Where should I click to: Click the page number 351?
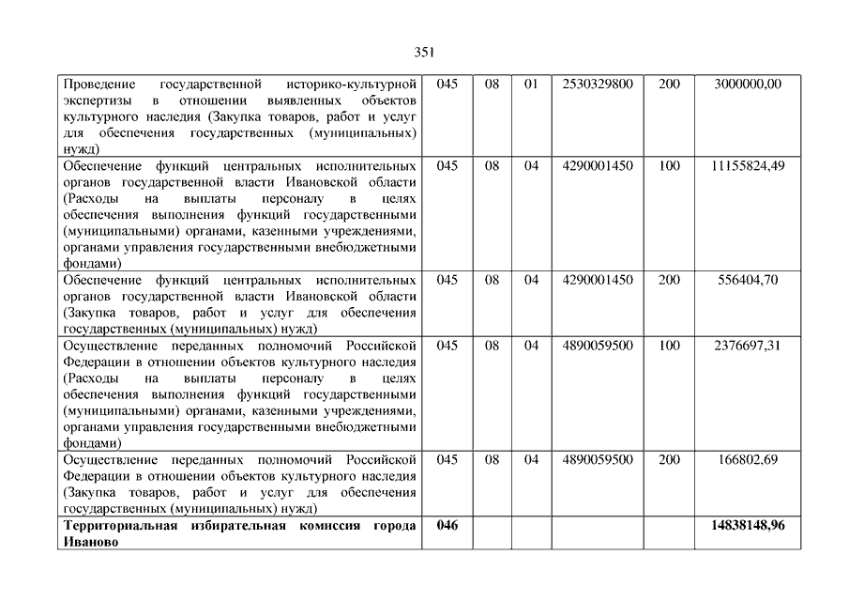[x=424, y=52]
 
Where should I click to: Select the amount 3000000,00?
[x=748, y=85]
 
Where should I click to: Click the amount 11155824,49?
[x=748, y=166]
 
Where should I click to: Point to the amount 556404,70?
[x=748, y=281]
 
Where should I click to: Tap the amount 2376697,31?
[x=748, y=346]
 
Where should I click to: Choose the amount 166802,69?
[x=748, y=460]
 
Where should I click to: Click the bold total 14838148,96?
[x=748, y=526]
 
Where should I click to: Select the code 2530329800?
[x=598, y=85]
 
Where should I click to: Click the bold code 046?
[x=447, y=526]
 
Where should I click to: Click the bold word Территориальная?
[x=119, y=526]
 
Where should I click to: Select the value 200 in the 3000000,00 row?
[x=669, y=85]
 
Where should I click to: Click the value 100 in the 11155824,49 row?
[x=669, y=166]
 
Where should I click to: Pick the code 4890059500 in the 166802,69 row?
[x=598, y=460]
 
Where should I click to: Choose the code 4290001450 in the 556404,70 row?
[x=598, y=281]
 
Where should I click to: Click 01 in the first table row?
[x=531, y=85]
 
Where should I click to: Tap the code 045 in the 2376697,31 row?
[x=447, y=346]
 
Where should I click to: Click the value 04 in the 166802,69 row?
[x=531, y=460]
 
